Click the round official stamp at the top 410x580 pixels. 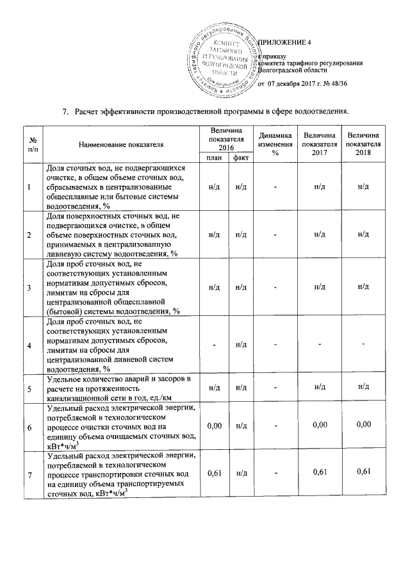coord(225,60)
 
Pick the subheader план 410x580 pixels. coord(212,158)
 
